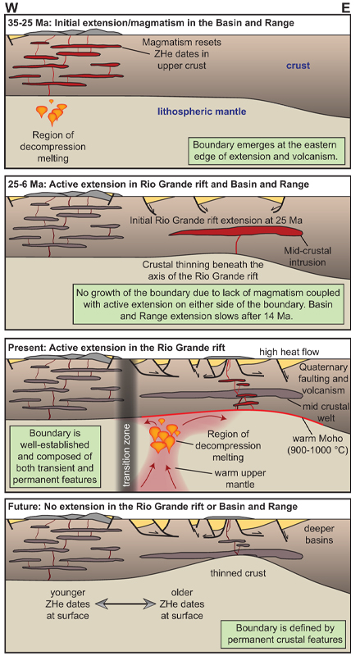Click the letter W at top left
click(x=11, y=7)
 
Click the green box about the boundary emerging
click(x=267, y=151)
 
